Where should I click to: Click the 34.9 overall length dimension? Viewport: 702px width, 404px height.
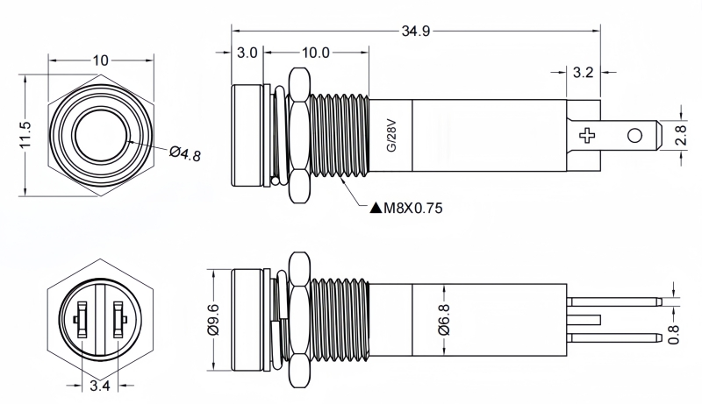(415, 32)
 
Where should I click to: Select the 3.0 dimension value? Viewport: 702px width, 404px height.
(247, 53)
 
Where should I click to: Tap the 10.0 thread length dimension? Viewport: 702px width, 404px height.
(316, 53)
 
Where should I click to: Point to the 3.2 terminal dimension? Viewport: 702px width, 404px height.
(583, 72)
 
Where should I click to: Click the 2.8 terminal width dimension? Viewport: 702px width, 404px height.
(681, 135)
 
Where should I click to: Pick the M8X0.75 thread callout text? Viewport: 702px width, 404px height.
(412, 208)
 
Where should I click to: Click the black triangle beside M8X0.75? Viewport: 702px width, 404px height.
(376, 208)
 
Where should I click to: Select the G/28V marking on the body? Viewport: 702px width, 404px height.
(391, 135)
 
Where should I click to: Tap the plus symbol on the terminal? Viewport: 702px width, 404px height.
(587, 136)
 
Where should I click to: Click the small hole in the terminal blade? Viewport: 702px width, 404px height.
(634, 136)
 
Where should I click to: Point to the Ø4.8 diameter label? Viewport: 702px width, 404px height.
(185, 153)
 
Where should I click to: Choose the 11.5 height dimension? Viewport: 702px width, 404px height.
(25, 135)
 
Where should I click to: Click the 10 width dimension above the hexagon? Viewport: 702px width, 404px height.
(101, 60)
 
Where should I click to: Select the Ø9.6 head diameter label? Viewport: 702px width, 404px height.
(213, 320)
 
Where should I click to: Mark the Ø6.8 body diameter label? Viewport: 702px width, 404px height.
(444, 320)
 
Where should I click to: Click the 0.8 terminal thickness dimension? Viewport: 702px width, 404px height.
(674, 334)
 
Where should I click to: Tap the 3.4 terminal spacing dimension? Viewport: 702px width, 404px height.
(100, 386)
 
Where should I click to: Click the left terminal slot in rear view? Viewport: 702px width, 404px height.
(82, 320)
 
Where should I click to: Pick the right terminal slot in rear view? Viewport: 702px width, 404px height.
(118, 320)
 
